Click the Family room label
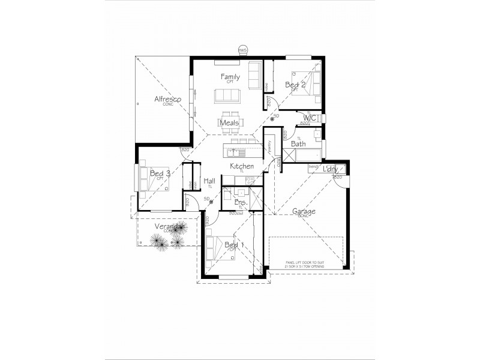[230, 77]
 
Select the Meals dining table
[229, 122]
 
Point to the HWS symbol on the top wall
[242, 50]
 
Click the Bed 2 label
[295, 85]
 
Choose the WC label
[310, 118]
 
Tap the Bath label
[298, 143]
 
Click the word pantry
[271, 146]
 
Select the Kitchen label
[242, 166]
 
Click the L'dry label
[330, 169]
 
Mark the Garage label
[304, 211]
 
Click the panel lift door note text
[306, 265]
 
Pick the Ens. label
[241, 203]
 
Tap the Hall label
[209, 181]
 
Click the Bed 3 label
[160, 173]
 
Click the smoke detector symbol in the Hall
[211, 202]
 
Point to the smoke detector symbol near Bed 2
[272, 119]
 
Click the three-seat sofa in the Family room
[227, 95]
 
